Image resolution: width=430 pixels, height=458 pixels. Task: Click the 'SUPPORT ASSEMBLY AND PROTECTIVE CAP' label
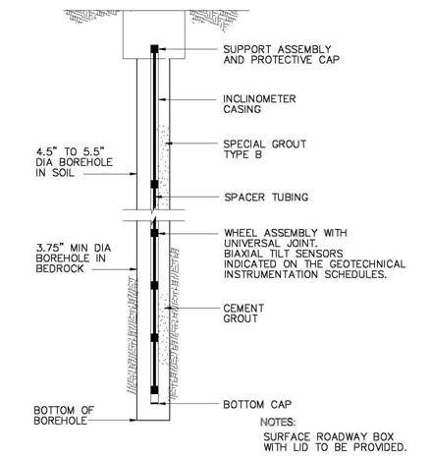(282, 55)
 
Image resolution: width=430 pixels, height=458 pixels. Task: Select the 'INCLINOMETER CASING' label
(259, 104)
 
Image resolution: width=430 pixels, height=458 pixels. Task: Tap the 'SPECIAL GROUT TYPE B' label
(265, 149)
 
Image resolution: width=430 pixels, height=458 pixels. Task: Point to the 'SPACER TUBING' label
(266, 198)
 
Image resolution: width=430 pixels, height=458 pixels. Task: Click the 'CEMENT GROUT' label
(243, 314)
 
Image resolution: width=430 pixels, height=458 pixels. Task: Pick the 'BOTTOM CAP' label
(257, 404)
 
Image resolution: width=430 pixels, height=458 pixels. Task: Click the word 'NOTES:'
(278, 422)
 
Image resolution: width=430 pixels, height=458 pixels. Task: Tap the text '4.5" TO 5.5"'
(70, 151)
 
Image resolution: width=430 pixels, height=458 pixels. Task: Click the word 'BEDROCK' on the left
(60, 268)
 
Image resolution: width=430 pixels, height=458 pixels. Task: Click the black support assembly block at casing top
(154, 49)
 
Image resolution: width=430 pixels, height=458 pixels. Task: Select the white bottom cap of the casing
(154, 398)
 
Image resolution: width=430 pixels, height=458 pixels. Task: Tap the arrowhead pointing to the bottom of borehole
(134, 420)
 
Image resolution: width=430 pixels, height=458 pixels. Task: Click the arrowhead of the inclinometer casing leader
(162, 99)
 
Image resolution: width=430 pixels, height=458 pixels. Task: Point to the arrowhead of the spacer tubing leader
(160, 197)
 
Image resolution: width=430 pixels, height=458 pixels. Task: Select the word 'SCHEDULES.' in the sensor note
(355, 274)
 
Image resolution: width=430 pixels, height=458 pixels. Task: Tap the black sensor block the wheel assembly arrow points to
(154, 233)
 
